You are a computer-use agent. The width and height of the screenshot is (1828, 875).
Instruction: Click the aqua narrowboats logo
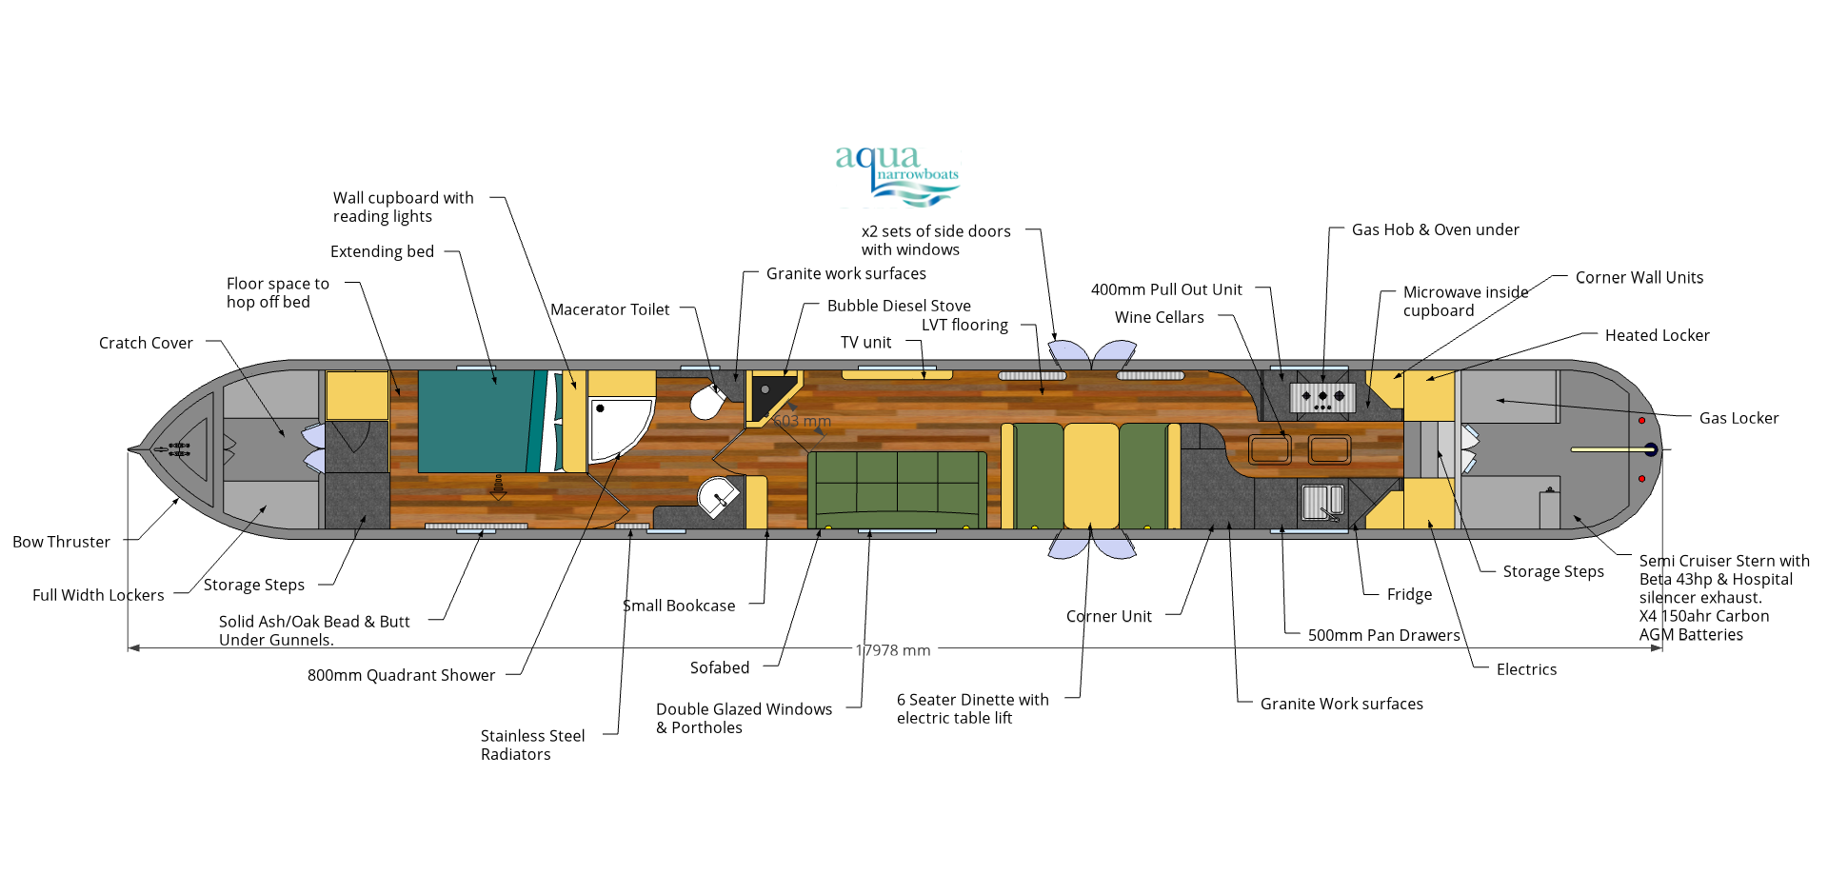(897, 174)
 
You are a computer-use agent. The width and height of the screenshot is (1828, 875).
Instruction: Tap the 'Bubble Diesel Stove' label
(899, 306)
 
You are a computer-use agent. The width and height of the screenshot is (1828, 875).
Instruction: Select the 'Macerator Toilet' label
(609, 309)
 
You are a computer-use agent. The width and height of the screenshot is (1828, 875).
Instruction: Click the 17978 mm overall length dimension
(892, 650)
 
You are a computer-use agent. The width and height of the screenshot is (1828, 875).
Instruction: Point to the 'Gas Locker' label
(1739, 418)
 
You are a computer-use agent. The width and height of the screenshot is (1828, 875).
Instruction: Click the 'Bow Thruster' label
(61, 542)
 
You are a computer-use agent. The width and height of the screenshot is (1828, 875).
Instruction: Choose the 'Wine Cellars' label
(1159, 317)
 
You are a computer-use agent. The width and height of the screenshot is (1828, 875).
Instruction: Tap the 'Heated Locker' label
(1657, 335)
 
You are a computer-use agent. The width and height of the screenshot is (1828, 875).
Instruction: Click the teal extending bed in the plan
(476, 421)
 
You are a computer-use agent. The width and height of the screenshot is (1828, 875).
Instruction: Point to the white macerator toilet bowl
(706, 403)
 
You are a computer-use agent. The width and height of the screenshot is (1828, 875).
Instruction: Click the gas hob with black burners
(1322, 396)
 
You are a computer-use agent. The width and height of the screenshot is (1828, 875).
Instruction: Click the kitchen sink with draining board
(1321, 502)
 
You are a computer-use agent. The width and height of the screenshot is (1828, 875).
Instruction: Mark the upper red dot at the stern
(1641, 420)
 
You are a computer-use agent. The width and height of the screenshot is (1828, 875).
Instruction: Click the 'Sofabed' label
(720, 667)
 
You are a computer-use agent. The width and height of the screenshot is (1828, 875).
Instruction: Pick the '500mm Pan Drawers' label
(1383, 635)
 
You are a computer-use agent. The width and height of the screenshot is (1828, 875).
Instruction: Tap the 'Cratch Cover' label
(146, 343)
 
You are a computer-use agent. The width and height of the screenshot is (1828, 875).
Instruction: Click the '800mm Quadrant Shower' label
(401, 675)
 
